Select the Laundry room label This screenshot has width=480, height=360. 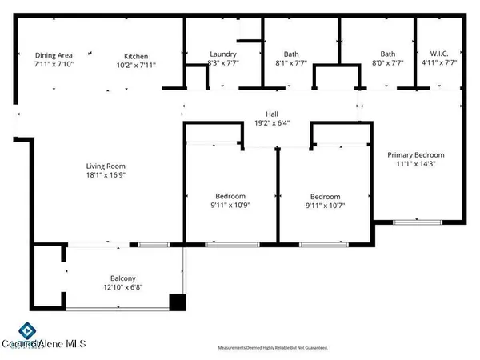[222, 54]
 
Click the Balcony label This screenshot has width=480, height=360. [112, 278]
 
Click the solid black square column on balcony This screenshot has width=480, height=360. [178, 302]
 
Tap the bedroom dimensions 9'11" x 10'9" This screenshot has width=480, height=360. [230, 205]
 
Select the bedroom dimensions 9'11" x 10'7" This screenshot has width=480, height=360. [325, 206]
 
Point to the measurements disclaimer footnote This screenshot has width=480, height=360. [273, 348]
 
